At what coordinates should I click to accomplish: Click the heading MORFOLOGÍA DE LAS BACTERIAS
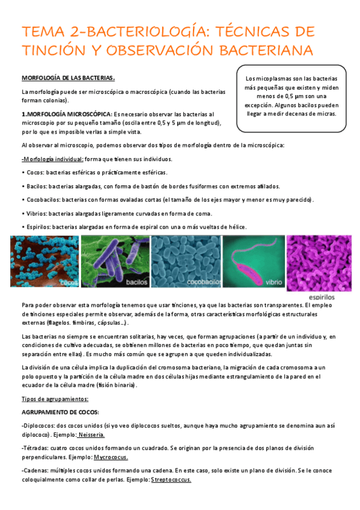(x=68, y=78)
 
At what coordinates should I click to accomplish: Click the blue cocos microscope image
(x=44, y=260)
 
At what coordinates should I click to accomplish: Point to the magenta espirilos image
(x=319, y=261)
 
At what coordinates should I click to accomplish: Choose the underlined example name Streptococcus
(x=171, y=479)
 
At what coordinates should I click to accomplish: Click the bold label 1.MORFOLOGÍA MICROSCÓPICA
(x=66, y=114)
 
